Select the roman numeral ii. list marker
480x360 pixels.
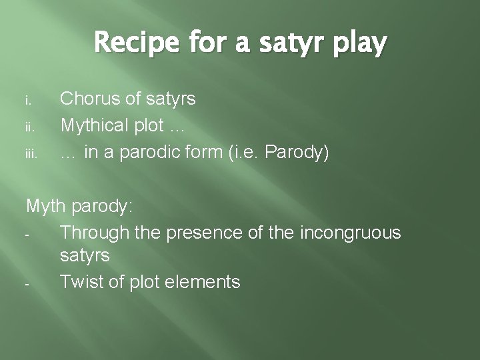point(30,126)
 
